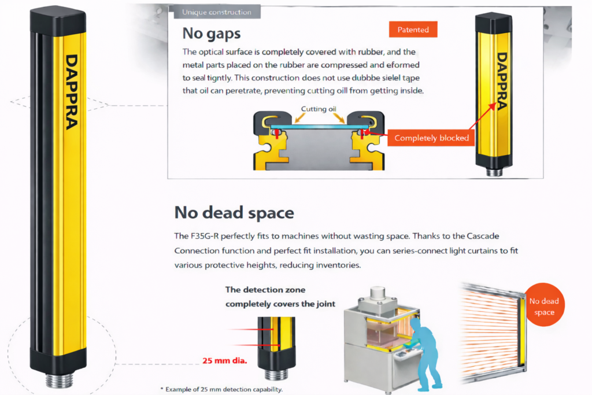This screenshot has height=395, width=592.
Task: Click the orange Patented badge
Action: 413,29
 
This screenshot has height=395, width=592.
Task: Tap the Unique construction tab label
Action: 217,12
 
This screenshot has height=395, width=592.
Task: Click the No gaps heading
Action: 212,34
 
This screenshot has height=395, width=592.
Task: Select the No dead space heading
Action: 234,213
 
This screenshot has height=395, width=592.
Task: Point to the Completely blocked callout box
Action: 431,138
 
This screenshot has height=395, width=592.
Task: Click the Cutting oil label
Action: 319,109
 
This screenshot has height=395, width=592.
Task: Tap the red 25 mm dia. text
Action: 225,361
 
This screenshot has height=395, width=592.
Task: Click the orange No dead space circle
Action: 544,305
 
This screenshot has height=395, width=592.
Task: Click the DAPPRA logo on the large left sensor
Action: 71,92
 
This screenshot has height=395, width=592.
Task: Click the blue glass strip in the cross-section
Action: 319,127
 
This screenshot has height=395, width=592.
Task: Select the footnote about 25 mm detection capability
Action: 221,389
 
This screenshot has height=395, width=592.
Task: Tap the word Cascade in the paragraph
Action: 483,236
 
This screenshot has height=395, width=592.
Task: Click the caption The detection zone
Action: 265,290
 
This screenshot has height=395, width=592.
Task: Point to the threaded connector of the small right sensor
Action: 494,172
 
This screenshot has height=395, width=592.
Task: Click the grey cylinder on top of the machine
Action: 378,293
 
